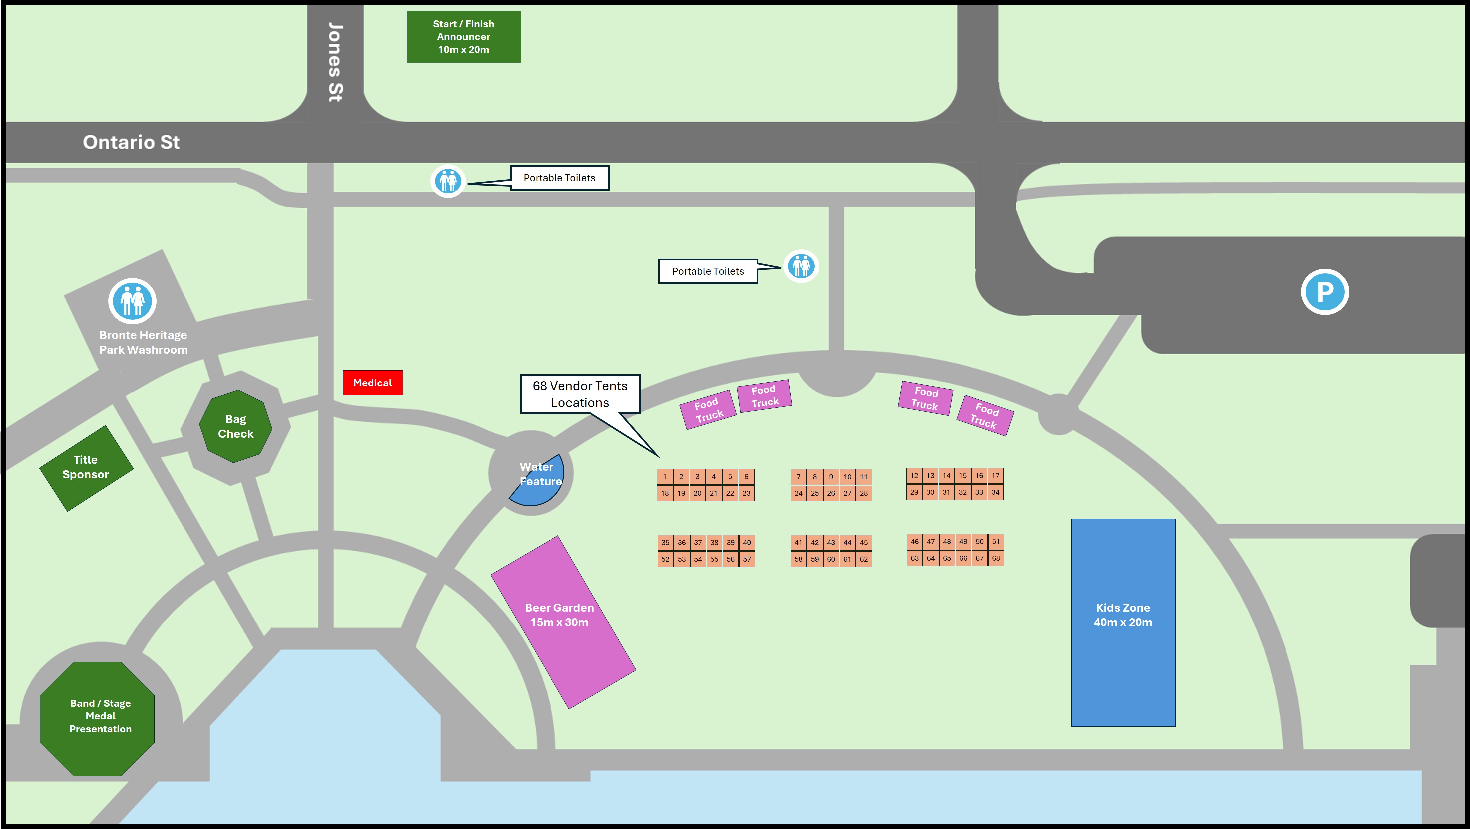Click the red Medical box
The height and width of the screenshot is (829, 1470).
pos(372,383)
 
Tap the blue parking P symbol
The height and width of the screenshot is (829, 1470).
pos(1324,291)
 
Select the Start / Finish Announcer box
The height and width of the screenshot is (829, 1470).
pos(463,37)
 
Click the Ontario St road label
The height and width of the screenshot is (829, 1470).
pos(131,142)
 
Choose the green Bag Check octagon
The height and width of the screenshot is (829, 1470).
pos(235,426)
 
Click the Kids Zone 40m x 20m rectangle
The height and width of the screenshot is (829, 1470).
pos(1122,622)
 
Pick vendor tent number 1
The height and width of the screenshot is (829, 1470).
pos(665,476)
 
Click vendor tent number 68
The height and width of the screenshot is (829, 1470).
pos(996,558)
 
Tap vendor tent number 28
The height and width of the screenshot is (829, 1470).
pos(864,493)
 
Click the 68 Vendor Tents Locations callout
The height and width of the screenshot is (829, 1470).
pos(580,394)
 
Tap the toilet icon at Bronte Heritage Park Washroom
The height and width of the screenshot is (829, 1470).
pos(133,301)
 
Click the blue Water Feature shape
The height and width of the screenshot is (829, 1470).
pos(542,485)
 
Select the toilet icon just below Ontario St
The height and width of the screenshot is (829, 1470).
pos(448,181)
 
